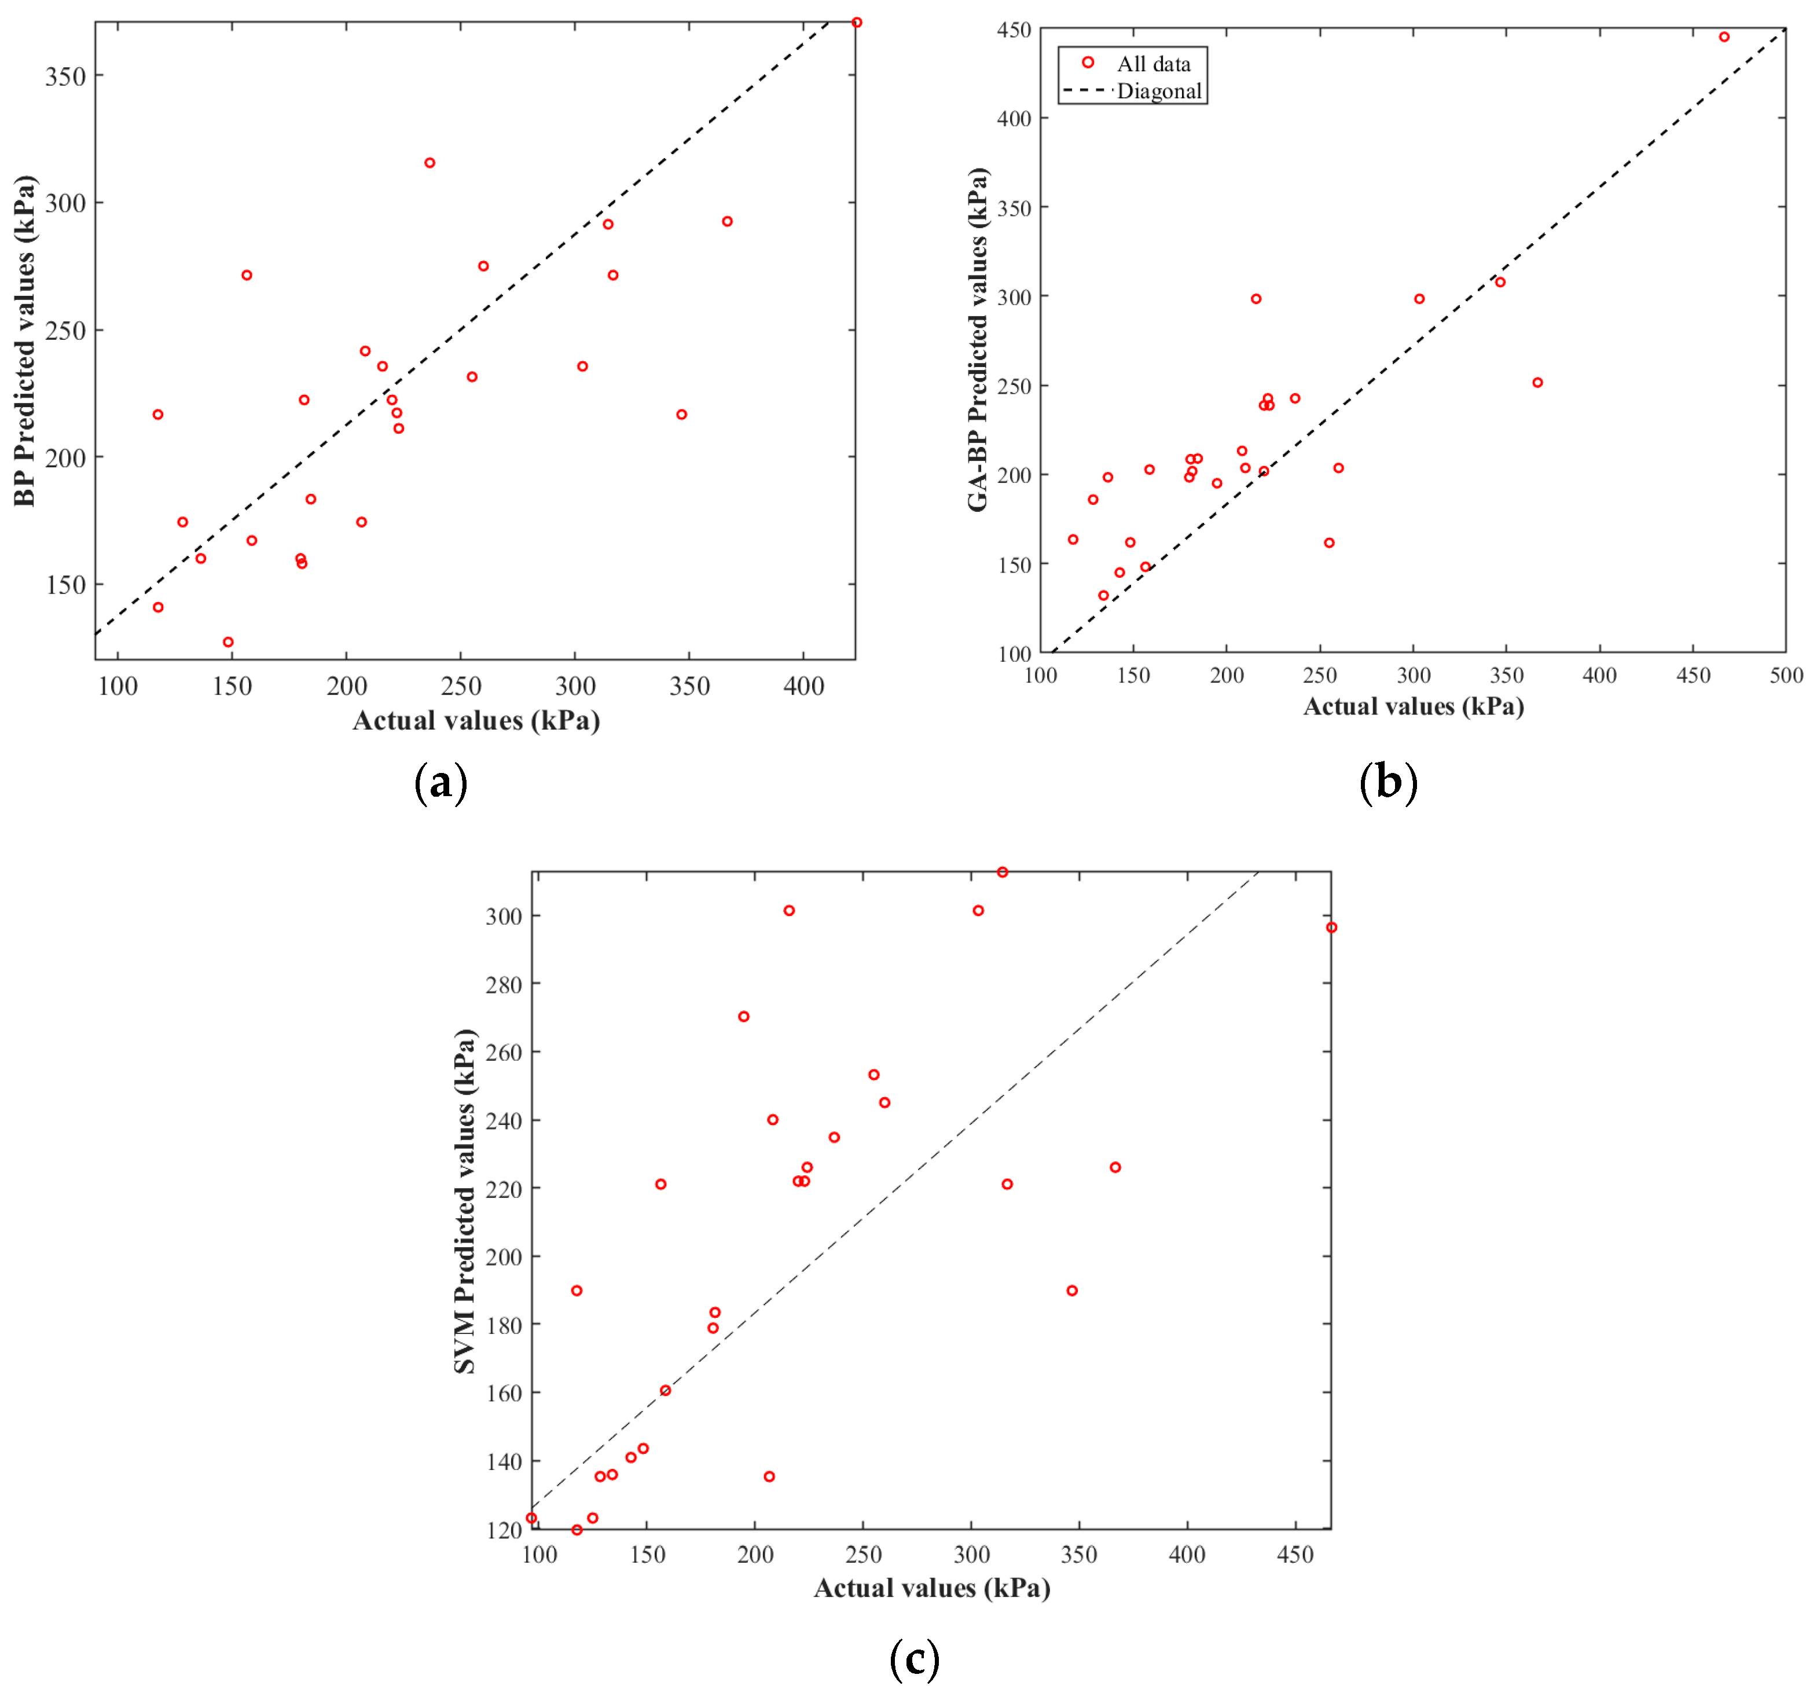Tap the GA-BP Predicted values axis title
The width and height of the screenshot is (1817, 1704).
click(978, 340)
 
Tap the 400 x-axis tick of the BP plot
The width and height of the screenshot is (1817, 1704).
click(803, 687)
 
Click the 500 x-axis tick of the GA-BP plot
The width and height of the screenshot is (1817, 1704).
click(1786, 676)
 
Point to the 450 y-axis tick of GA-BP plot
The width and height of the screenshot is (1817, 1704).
click(1014, 30)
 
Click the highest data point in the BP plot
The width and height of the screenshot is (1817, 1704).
click(856, 23)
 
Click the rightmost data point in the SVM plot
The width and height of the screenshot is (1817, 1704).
click(1332, 928)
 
